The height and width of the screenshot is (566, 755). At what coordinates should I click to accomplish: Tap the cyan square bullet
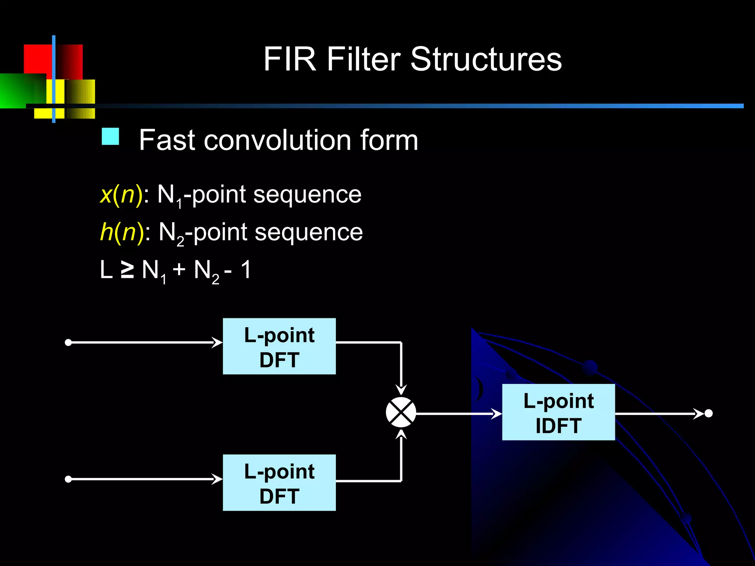pos(110,136)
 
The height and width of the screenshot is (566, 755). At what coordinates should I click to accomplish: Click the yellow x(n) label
pos(121,194)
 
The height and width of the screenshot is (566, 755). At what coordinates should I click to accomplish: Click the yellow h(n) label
pos(122,232)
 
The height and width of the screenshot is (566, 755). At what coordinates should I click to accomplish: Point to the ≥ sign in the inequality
pos(127,270)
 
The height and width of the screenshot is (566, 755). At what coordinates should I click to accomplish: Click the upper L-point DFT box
pos(279,346)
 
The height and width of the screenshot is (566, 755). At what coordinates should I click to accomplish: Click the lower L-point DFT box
pos(279,483)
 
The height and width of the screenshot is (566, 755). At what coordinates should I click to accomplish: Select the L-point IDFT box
pos(558,412)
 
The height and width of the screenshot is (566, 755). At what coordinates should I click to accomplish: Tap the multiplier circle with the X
pos(401,412)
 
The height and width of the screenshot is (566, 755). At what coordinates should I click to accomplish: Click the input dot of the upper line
pos(68,343)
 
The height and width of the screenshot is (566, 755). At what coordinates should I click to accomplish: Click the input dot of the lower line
pos(68,479)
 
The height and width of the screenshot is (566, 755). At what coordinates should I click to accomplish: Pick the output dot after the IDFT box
pos(709,413)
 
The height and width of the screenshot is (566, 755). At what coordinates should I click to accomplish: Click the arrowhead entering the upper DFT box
pos(218,343)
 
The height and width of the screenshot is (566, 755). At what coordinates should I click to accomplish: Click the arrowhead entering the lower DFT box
pos(218,479)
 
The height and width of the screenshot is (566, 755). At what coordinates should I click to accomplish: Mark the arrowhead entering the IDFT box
pos(497,414)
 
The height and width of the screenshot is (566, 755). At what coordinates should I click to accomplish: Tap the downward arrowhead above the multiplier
pos(401,390)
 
